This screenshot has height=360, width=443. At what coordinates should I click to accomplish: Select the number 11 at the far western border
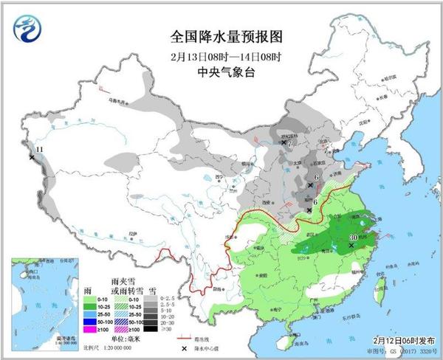[x=39, y=149]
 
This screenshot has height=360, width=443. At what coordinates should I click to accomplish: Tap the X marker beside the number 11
[x=31, y=157]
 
